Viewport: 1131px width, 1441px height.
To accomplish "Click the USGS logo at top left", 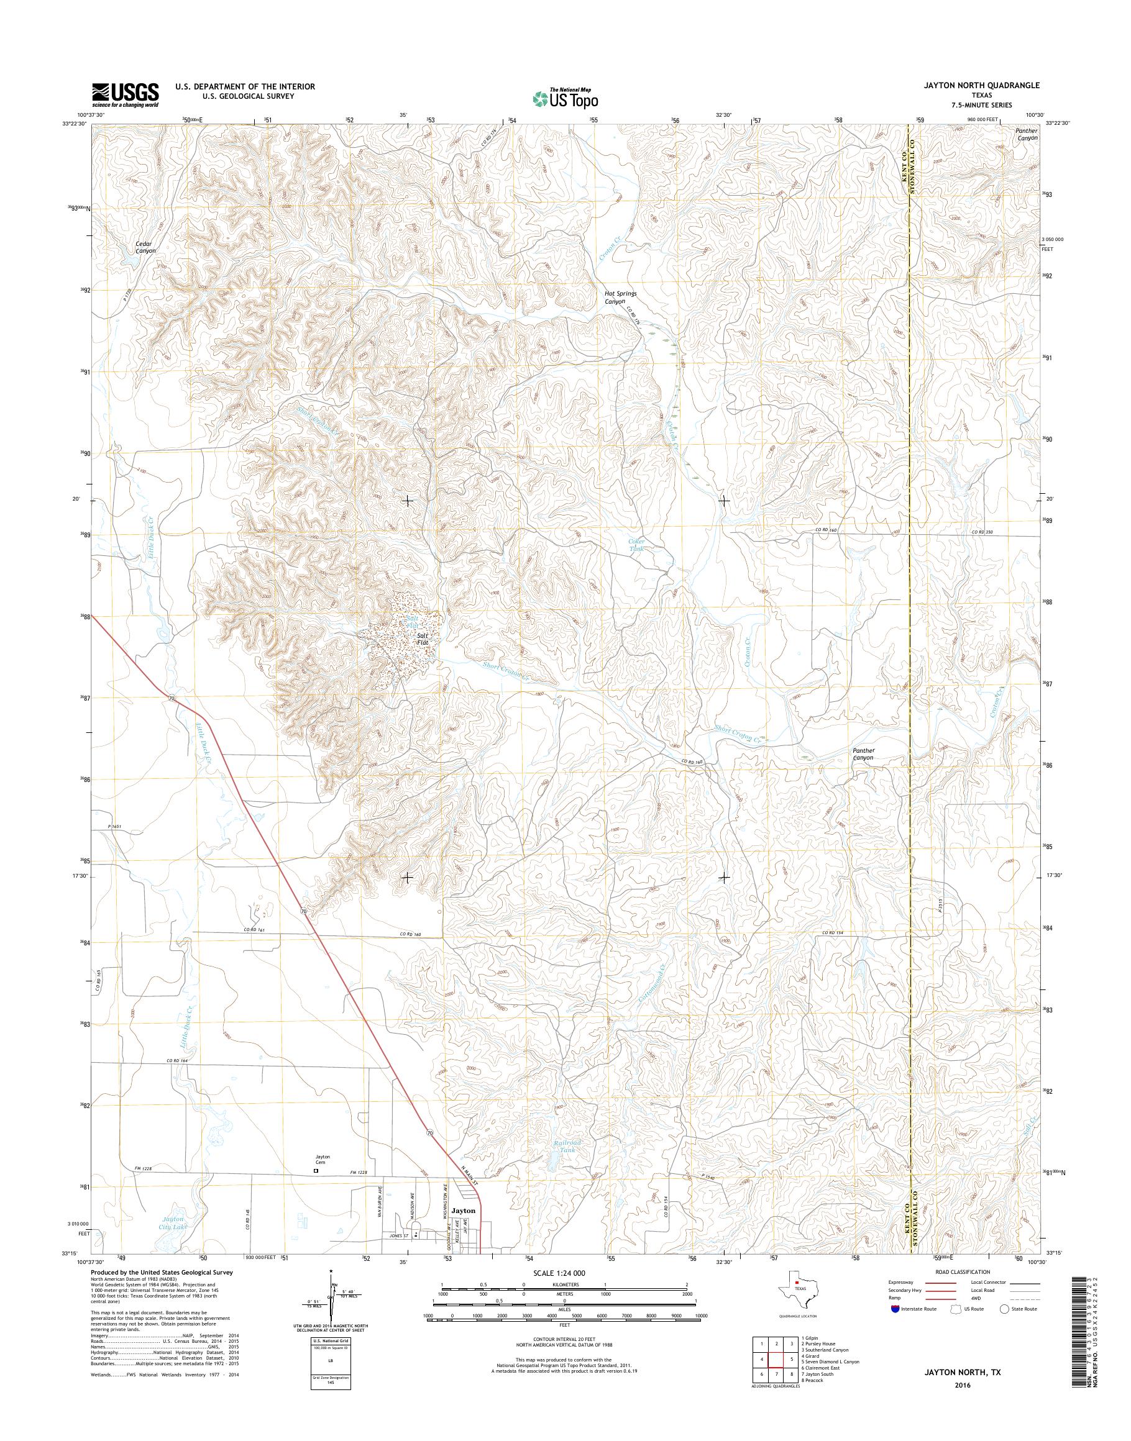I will pyautogui.click(x=125, y=94).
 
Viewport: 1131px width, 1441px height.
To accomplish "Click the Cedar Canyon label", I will pyautogui.click(x=145, y=248).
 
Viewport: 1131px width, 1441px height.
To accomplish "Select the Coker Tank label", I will pyautogui.click(x=636, y=545).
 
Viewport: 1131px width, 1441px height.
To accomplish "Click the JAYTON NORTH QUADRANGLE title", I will pyautogui.click(x=989, y=85).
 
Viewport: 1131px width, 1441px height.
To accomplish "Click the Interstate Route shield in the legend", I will pyautogui.click(x=896, y=1309).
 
